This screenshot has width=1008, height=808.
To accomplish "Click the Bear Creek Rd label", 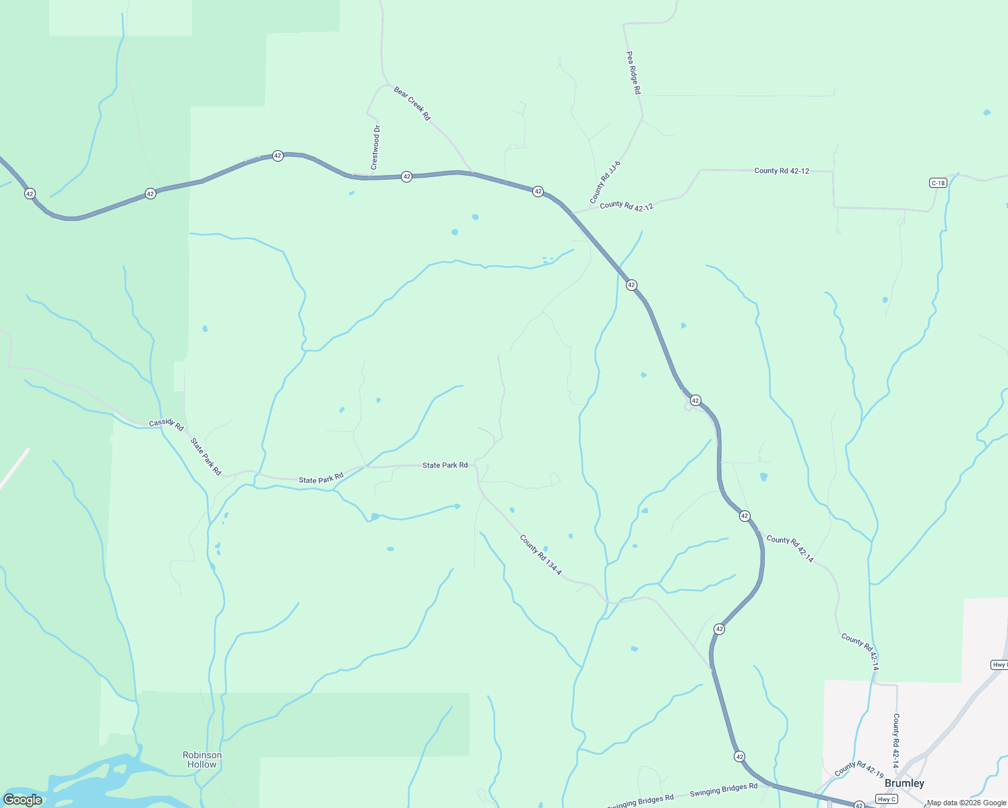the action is pos(412,103).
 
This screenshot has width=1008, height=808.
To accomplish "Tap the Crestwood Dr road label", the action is pos(375,147).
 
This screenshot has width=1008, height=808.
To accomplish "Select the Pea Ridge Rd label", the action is pos(633,73).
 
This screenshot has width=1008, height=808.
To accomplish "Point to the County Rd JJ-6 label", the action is pos(604,182).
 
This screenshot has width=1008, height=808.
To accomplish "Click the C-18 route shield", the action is pos(937,183).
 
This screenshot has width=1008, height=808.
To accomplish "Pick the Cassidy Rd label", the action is pos(166,424).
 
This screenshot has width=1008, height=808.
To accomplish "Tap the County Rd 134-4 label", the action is pos(540,554).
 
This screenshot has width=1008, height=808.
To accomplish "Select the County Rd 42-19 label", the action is pos(858,769).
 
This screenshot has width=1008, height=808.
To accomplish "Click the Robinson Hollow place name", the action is pos(202,760).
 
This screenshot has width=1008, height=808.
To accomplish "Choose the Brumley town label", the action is pos(904,783).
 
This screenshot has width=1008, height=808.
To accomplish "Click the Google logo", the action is pos(23,800).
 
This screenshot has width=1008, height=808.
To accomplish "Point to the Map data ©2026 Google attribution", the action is pos(966,803).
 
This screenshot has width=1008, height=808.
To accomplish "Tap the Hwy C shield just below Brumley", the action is pos(886,799).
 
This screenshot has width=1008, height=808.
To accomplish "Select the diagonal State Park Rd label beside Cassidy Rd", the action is pos(206,457).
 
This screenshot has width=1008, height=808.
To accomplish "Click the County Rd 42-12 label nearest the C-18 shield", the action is pos(782,171).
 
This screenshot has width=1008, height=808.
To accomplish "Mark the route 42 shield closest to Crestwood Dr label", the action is pos(406,176).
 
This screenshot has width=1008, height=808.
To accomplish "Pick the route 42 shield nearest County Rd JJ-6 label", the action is pos(538,191).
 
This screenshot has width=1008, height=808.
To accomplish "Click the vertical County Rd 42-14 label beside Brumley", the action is pos(896,741).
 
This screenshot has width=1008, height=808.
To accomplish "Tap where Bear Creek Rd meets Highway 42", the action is pos(472,173).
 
